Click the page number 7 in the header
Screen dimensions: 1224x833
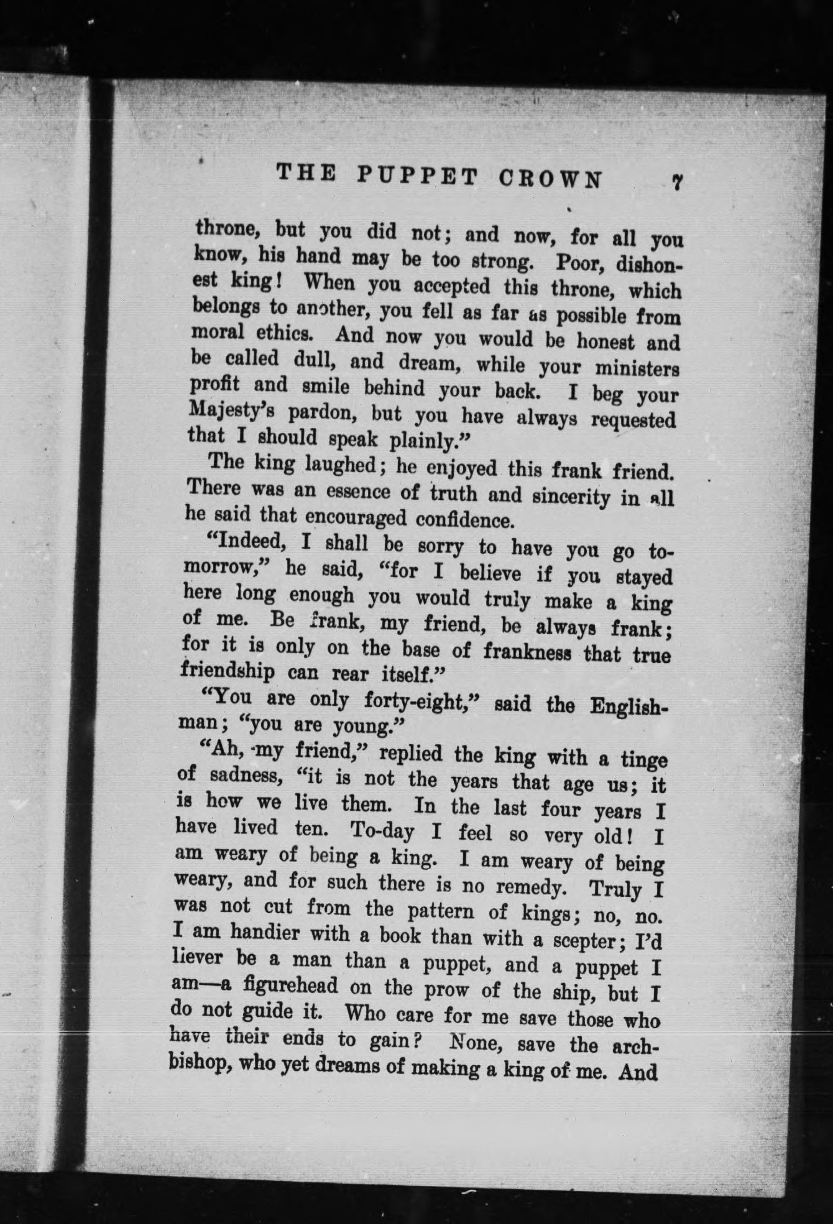[x=677, y=182]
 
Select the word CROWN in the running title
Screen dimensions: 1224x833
[x=551, y=178]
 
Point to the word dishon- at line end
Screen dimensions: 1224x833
[x=648, y=265]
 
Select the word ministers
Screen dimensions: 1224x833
[x=637, y=369]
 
